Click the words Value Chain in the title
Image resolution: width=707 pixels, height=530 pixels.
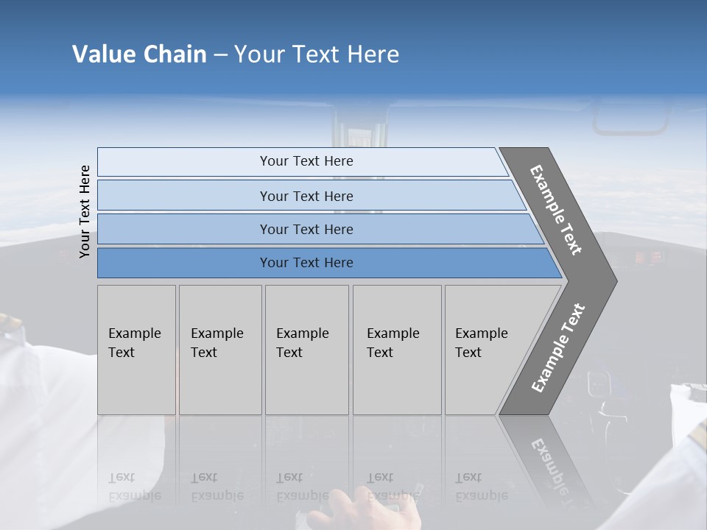point(139,54)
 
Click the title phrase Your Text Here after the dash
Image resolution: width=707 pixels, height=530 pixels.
point(317,54)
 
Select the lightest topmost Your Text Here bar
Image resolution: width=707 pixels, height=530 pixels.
point(306,161)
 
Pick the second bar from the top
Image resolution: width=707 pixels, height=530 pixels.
point(306,196)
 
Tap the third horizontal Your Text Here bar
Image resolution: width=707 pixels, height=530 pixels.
point(306,229)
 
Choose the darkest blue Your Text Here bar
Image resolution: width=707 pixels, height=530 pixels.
point(306,263)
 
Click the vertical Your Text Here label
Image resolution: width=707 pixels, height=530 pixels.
point(85,211)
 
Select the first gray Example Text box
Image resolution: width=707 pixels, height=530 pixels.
point(136,350)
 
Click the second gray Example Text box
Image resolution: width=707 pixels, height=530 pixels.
point(219,350)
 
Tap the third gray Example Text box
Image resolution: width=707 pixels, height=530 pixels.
point(306,350)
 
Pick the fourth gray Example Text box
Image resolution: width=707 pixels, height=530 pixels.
point(396,350)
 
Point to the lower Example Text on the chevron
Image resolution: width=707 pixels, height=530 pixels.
point(557,347)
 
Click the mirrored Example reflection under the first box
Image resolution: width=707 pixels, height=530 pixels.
point(135,495)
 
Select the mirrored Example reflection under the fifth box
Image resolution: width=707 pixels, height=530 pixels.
point(482,495)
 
